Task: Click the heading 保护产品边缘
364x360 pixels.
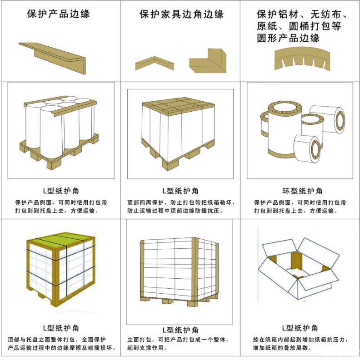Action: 59,14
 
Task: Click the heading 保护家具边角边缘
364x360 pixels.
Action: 181,15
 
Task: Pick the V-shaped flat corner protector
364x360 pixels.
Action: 155,63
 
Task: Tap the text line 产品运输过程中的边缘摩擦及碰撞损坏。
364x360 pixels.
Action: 61,348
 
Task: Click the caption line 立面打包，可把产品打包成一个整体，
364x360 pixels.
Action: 178,340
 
